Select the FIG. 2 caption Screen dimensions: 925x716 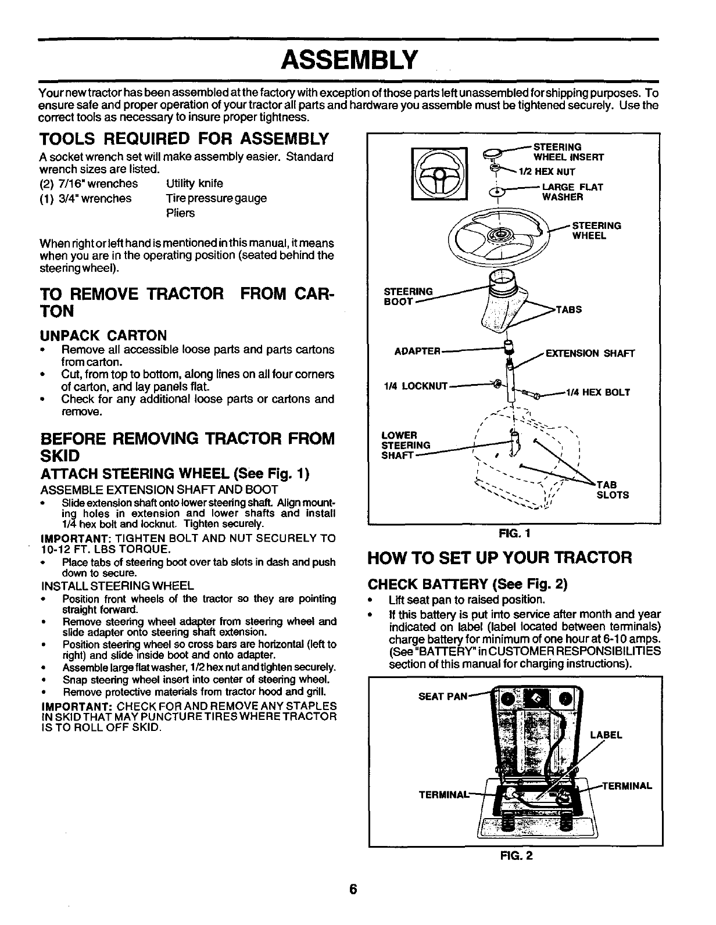pos(515,855)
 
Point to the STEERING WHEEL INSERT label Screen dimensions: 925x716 pos(568,152)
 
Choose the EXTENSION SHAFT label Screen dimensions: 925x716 pos(591,354)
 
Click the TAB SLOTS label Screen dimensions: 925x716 pos(613,490)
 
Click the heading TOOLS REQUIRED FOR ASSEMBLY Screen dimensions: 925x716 pos(184,140)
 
